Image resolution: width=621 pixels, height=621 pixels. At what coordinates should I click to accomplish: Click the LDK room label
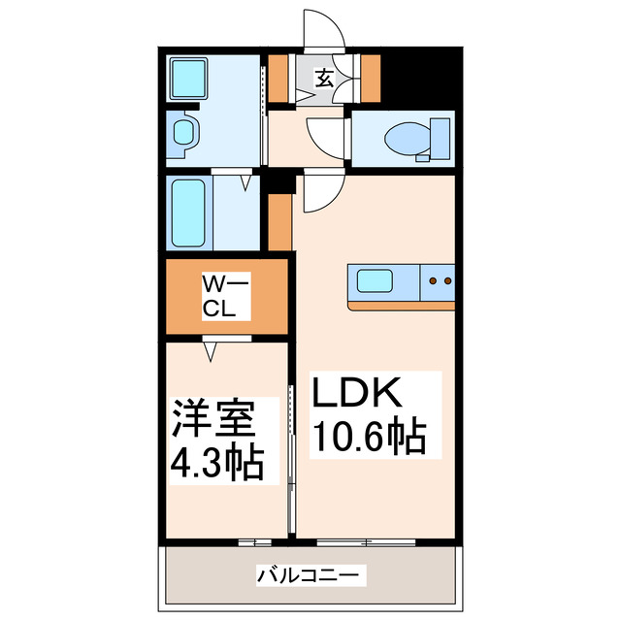355,396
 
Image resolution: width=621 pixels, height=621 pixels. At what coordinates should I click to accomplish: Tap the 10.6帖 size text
368,438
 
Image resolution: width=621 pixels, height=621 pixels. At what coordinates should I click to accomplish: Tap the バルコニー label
311,575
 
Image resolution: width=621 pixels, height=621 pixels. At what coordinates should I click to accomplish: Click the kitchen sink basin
375,282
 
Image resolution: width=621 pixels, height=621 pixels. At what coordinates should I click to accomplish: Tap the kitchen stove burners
440,282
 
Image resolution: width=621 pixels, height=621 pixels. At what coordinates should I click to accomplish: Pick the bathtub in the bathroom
188,213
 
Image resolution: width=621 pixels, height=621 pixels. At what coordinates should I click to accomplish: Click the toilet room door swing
324,135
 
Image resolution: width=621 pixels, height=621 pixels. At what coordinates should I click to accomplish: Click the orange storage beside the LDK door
279,220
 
